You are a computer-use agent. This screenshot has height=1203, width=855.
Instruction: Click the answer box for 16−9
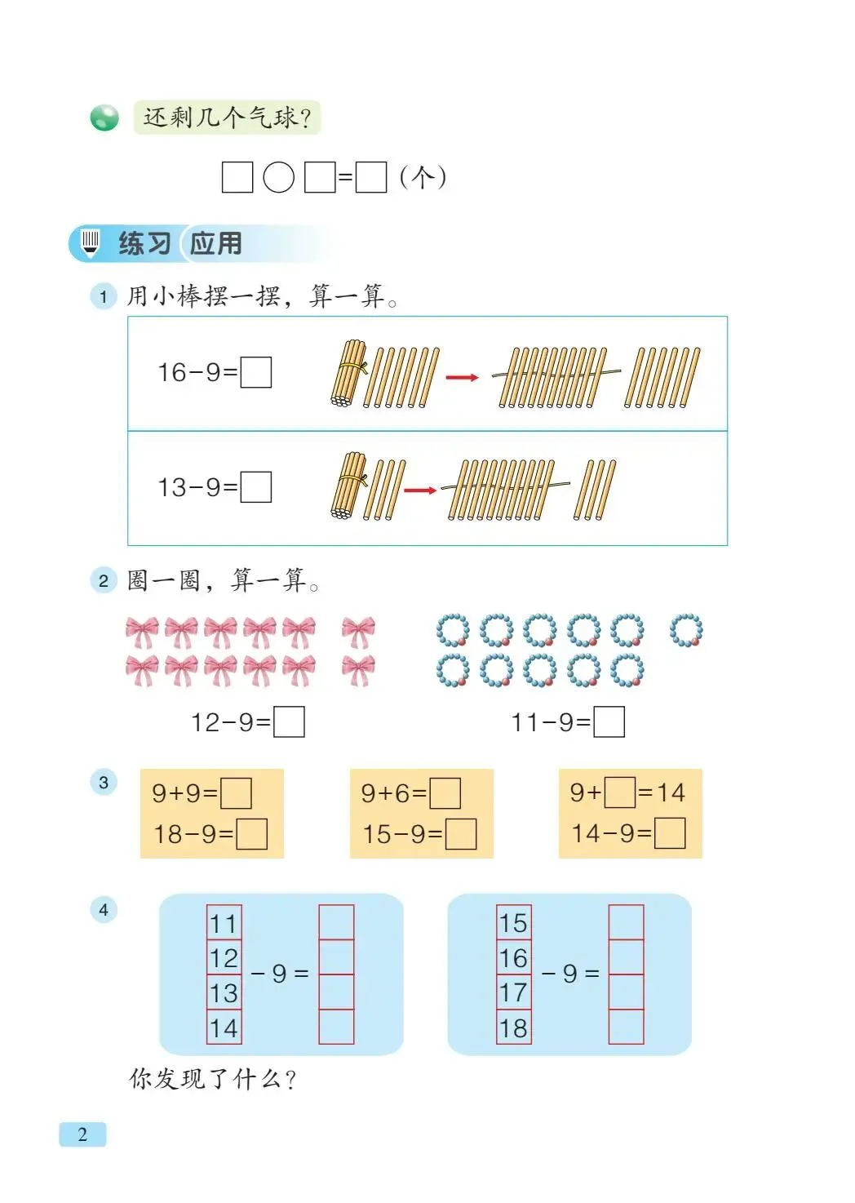(256, 373)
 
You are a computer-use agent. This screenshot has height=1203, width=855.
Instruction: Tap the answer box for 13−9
(256, 487)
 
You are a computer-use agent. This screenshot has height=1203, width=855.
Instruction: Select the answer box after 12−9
(289, 722)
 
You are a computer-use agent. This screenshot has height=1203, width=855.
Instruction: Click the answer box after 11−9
(609, 722)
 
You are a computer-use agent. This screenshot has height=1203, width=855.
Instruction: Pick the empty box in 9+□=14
(620, 792)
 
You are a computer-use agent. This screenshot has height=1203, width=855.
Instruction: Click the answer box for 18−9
(251, 834)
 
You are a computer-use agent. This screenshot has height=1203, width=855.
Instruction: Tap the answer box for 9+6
(445, 793)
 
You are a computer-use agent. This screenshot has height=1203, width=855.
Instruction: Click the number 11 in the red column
(224, 924)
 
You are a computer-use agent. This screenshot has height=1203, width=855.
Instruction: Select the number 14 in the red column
(224, 1028)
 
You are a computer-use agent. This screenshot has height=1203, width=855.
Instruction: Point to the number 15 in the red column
(514, 924)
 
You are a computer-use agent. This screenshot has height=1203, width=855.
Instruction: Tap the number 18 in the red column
(514, 1028)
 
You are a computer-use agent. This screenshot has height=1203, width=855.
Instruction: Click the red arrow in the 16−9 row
(462, 377)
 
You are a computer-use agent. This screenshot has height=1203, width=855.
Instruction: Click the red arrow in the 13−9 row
(420, 491)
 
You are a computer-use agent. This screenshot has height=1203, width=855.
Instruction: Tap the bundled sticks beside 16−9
(349, 375)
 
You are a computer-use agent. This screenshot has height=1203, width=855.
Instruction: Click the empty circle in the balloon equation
(279, 177)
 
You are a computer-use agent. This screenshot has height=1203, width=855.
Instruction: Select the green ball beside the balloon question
(104, 118)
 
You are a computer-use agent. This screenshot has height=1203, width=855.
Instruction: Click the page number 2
(82, 1134)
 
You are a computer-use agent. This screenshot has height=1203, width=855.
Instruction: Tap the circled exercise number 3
(104, 783)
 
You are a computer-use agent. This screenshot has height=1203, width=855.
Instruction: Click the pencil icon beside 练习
(90, 242)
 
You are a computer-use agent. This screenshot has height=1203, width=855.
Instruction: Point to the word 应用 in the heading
(216, 243)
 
